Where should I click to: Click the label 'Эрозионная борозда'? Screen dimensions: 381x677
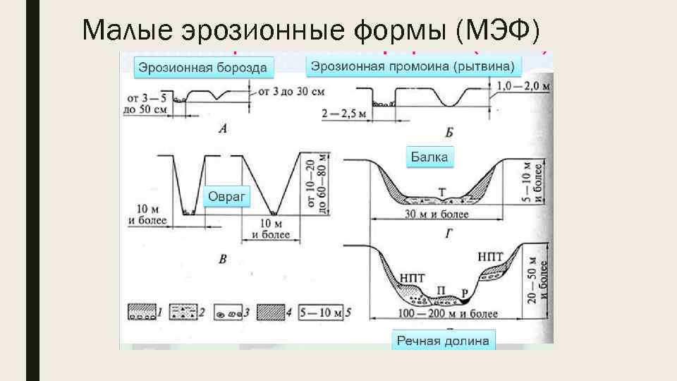pyautogui.click(x=202, y=68)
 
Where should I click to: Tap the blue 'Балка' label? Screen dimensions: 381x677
pyautogui.click(x=429, y=157)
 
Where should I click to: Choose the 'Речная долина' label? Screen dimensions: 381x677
pyautogui.click(x=443, y=341)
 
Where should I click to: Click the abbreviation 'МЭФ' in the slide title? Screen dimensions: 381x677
pyautogui.click(x=502, y=30)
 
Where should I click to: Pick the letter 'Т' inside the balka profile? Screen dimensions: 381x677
pyautogui.click(x=441, y=192)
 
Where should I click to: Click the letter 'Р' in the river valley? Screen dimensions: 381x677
pyautogui.click(x=463, y=291)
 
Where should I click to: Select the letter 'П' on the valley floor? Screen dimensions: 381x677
pyautogui.click(x=442, y=290)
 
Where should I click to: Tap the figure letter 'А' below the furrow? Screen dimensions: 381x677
pyautogui.click(x=222, y=128)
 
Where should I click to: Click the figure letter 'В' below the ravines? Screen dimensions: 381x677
pyautogui.click(x=222, y=260)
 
